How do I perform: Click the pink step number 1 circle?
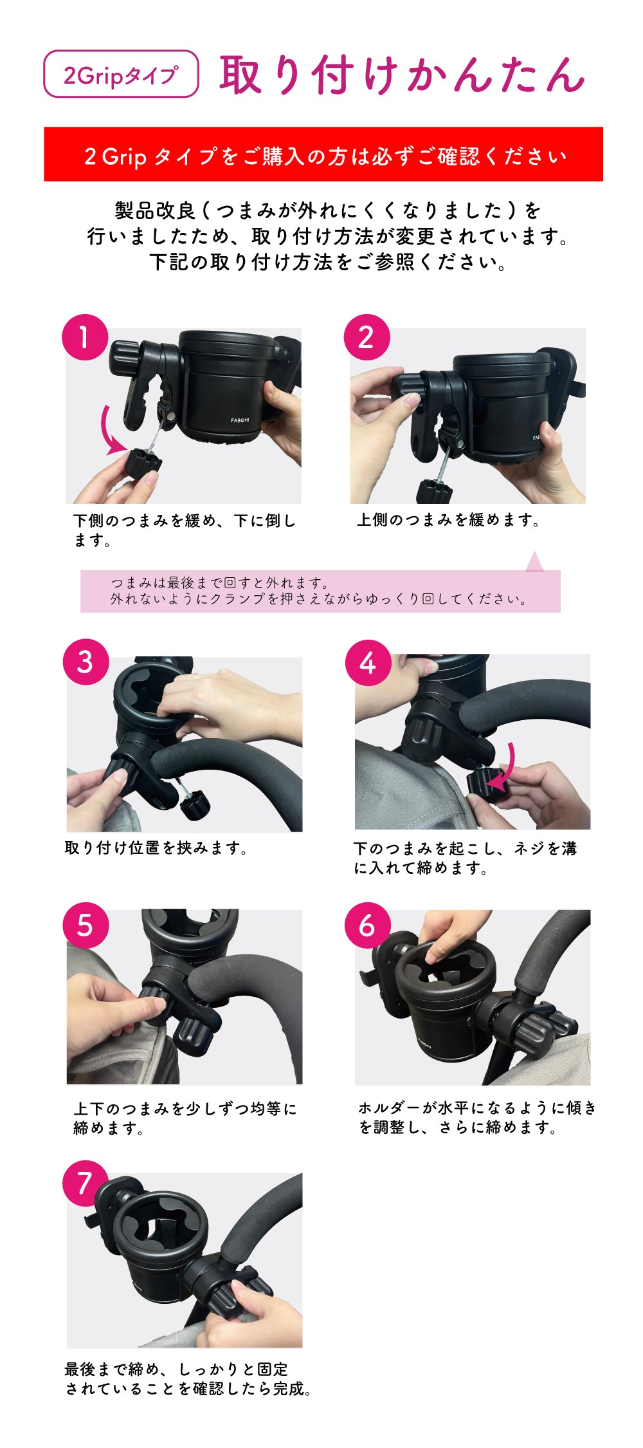84,337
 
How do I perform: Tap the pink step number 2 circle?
367,337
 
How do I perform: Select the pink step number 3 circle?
86,662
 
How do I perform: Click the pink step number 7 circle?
85,1183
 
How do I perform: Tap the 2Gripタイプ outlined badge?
121,74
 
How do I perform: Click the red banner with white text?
323,154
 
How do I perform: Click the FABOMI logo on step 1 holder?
240,420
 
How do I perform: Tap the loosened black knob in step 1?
143,462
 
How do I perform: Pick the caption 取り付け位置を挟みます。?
156,848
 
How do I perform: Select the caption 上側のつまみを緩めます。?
449,520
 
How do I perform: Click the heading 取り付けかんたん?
402,75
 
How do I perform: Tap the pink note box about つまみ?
320,591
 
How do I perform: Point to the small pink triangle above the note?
534,561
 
